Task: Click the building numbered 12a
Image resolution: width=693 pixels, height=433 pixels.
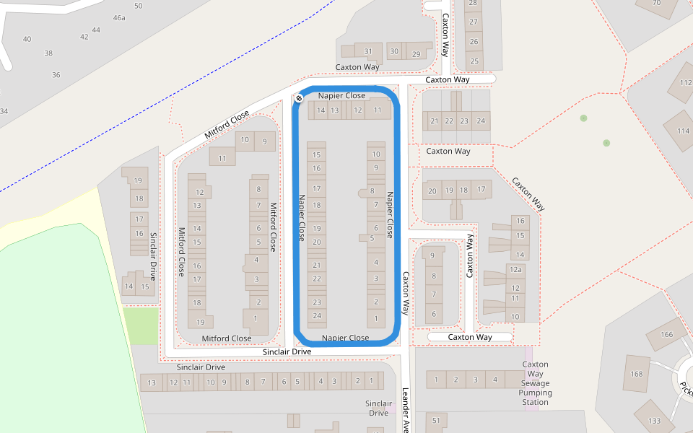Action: [515, 270]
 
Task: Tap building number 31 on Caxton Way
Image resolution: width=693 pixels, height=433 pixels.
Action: [368, 51]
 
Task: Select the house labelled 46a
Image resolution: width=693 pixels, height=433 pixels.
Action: [119, 17]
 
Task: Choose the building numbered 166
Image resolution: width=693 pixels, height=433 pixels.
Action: [666, 334]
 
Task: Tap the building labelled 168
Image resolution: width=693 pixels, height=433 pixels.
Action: [636, 374]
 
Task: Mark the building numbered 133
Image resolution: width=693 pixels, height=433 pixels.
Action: [655, 420]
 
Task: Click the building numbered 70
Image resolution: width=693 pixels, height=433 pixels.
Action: [656, 3]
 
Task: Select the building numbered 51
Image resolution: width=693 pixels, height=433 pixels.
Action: [436, 420]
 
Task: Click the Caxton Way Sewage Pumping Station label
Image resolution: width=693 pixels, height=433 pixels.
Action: [535, 383]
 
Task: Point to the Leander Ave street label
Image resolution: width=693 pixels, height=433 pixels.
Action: [406, 411]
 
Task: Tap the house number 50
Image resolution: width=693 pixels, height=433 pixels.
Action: [138, 6]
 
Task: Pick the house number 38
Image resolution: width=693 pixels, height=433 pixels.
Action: [48, 53]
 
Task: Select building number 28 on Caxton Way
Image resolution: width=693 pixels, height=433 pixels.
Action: [474, 4]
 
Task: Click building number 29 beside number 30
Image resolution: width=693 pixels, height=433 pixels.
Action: [416, 54]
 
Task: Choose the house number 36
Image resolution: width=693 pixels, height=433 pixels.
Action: [56, 74]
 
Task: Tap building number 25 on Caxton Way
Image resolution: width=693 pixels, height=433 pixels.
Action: [474, 61]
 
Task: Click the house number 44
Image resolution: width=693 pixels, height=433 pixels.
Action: [96, 30]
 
